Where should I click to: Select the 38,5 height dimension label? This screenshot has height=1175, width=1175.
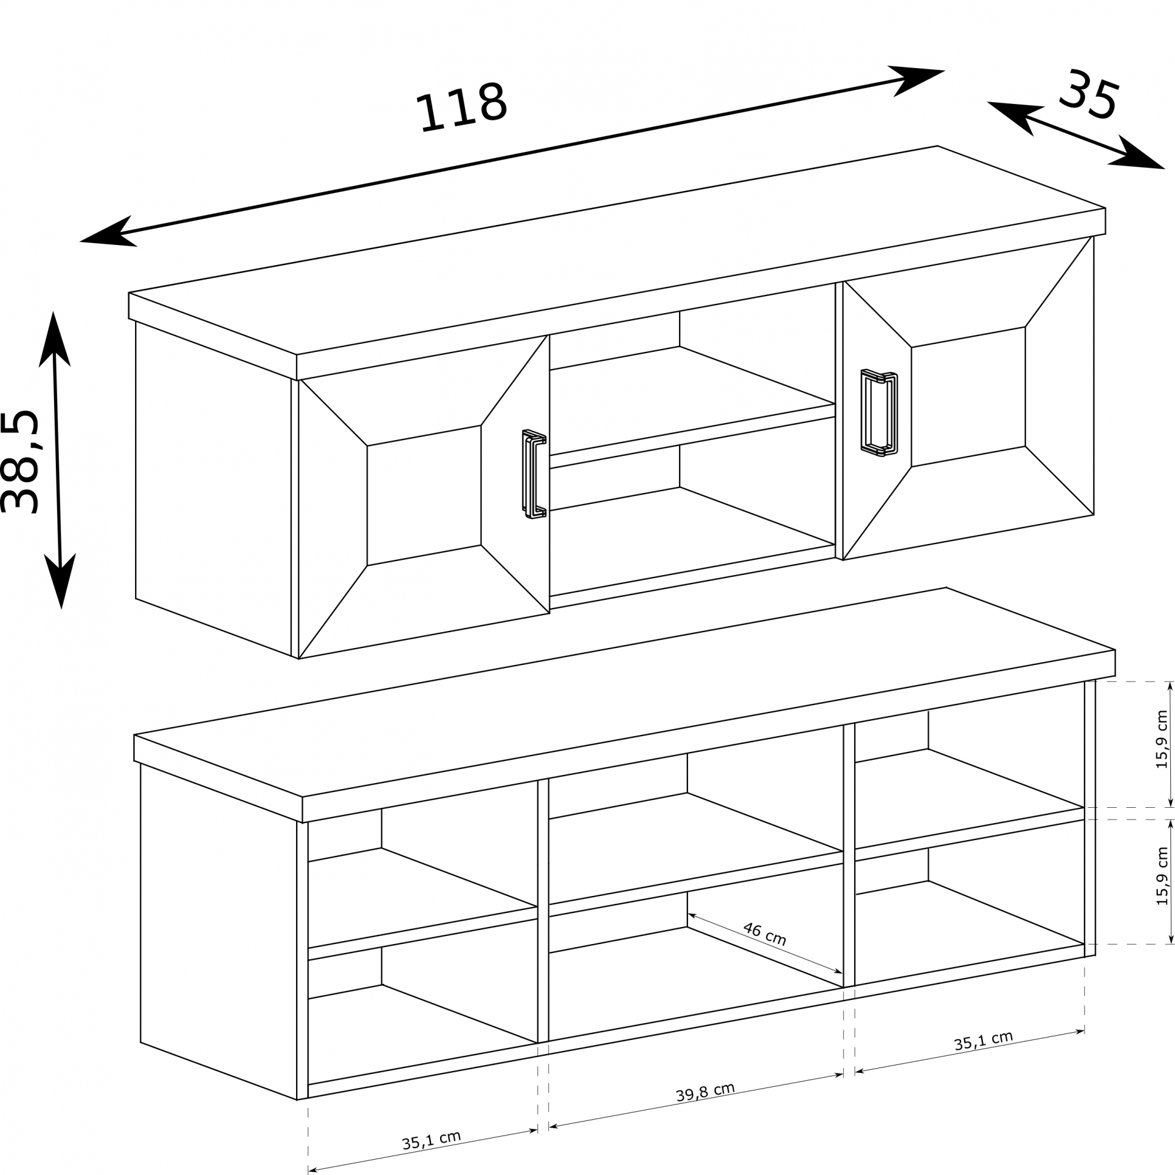coord(19,462)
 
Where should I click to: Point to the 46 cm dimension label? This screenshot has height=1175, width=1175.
coord(764,934)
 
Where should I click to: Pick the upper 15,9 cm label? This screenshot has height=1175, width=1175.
coord(1161,739)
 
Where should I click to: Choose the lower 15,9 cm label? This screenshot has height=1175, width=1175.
coord(1161,876)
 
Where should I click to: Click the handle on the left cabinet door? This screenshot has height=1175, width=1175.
coord(534,474)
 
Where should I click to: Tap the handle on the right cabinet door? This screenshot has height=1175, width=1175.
coord(879,413)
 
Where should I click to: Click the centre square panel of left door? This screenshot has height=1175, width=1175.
coord(424,495)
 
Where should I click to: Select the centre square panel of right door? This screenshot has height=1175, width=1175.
coord(968,397)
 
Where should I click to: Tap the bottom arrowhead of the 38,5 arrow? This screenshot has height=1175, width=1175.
coord(60,580)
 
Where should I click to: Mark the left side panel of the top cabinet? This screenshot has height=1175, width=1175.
coord(213,489)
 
